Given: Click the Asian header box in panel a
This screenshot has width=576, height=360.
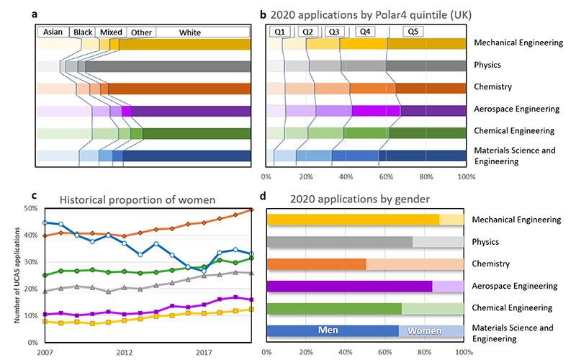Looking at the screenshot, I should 53,32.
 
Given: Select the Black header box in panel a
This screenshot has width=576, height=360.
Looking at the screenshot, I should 84,32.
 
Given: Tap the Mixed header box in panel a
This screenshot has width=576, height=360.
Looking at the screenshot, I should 111,32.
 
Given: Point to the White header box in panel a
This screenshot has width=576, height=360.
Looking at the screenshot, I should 190,32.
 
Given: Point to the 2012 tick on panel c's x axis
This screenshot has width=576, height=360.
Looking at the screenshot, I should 124,353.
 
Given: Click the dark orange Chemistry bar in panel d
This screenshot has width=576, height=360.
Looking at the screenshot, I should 316,264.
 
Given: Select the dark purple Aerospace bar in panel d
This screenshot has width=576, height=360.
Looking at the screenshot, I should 349,286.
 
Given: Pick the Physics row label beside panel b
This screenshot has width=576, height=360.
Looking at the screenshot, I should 487,66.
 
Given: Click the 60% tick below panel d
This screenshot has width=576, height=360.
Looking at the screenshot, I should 386,353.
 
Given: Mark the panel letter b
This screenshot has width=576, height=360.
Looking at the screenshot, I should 263,14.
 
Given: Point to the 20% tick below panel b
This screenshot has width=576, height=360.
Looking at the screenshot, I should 306,176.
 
